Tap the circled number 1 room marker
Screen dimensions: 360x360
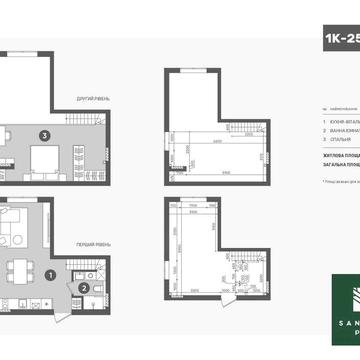pyautogui.click(x=51, y=275)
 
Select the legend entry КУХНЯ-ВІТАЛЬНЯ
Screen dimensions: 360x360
pyautogui.click(x=341, y=119)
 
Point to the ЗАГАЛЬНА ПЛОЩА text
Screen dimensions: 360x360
pyautogui.click(x=336, y=169)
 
